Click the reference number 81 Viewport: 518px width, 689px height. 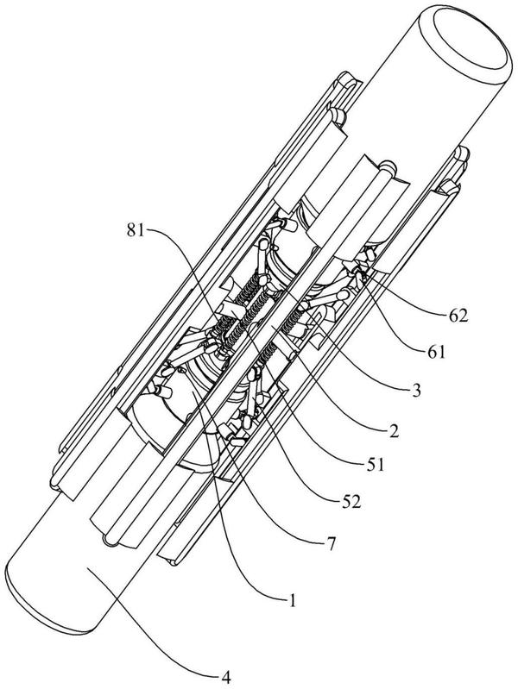(136, 231)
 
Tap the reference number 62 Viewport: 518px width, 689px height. (458, 316)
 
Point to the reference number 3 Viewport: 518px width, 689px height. (416, 390)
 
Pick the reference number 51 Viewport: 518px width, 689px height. (375, 465)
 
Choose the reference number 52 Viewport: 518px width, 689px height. (351, 502)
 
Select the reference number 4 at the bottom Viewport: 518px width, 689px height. (226, 678)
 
